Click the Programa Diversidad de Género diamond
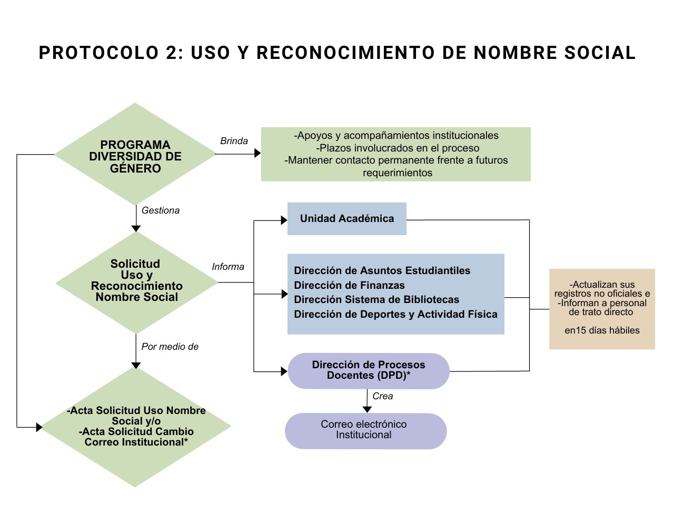[x=135, y=156]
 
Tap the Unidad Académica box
[x=346, y=219]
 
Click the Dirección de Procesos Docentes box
[x=368, y=370]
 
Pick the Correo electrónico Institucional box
[x=365, y=430]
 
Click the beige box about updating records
[x=602, y=309]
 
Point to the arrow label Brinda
[x=234, y=141]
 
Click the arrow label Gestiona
[x=161, y=210]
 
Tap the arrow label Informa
[x=228, y=267]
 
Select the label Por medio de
[x=170, y=347]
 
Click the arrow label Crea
[x=382, y=396]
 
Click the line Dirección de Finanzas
[x=349, y=285]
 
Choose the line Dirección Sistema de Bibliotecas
[x=376, y=299]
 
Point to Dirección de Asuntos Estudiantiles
[x=382, y=270]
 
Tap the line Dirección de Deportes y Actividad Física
[x=395, y=314]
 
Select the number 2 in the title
[x=172, y=53]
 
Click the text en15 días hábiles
[x=602, y=330]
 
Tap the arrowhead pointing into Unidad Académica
[x=284, y=220]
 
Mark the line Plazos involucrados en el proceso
[x=398, y=148]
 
